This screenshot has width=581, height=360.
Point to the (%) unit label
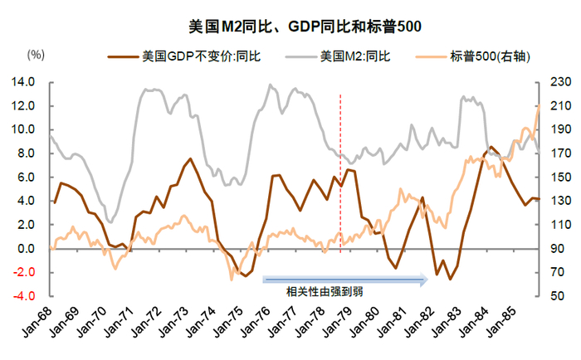coord(36,55)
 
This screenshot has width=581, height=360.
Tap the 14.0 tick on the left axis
coord(22,82)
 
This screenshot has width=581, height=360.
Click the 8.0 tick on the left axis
coord(24,153)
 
